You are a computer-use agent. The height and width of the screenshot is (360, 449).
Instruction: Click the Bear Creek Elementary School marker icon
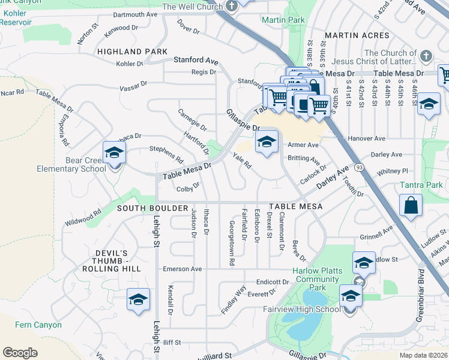(x=113, y=153)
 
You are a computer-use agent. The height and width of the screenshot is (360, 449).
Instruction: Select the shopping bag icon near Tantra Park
(x=412, y=206)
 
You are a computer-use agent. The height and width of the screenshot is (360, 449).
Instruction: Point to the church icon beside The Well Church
(x=233, y=7)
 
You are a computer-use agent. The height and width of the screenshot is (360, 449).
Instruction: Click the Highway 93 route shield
(x=358, y=166)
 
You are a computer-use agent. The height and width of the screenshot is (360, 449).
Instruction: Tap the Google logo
(x=20, y=352)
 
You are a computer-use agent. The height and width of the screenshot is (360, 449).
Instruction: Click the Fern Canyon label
(x=38, y=325)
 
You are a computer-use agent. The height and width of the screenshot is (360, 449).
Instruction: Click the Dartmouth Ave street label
(x=134, y=14)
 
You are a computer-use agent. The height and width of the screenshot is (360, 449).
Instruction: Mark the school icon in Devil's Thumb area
(x=138, y=300)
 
